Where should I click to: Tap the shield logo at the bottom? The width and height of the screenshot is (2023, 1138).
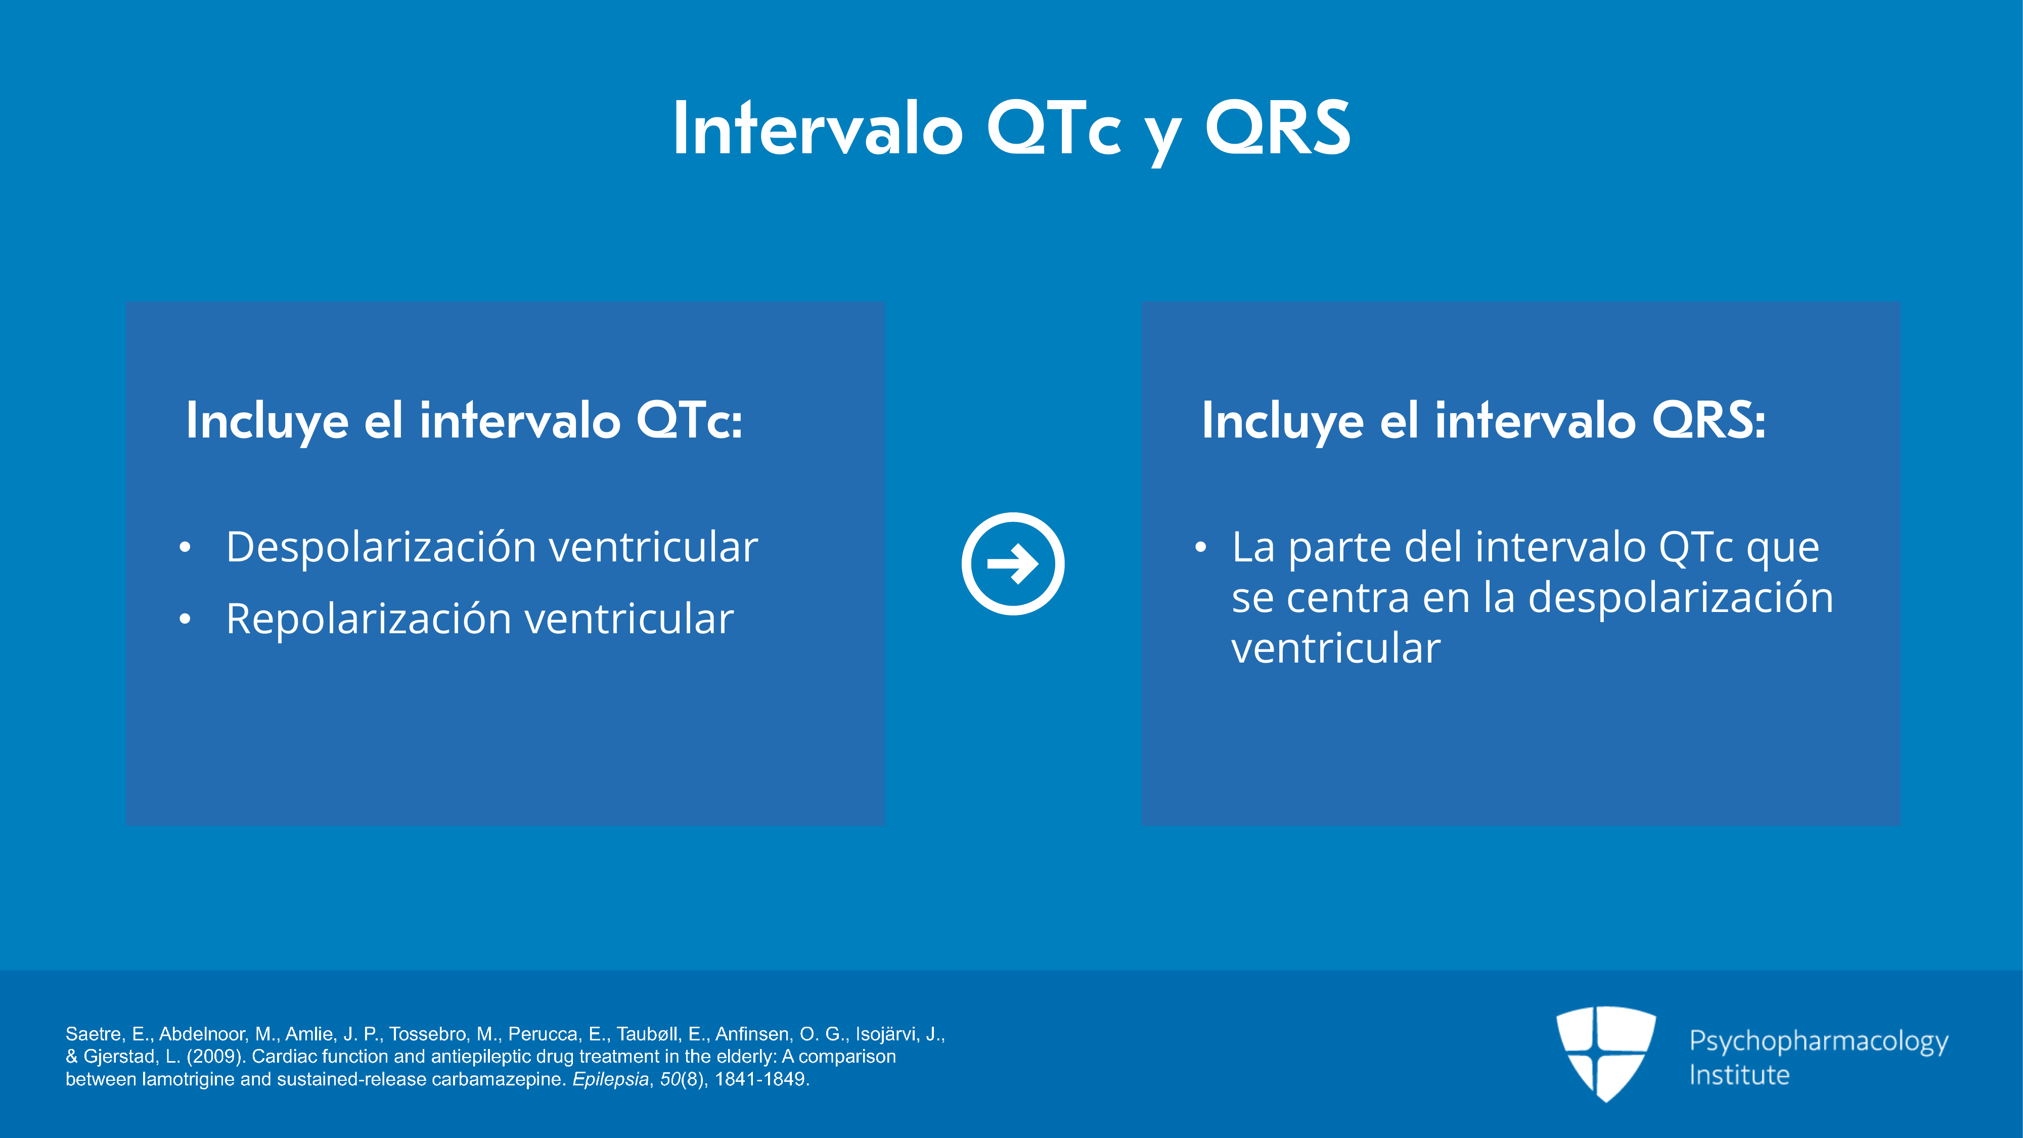coord(1606,1053)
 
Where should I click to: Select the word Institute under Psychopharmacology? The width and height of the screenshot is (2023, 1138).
coord(1739,1074)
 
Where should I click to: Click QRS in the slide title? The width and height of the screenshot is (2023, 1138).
coord(1278,128)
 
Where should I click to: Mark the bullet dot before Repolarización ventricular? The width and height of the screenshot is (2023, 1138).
coord(185,620)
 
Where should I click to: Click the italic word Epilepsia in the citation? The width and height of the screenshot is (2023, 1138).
coord(610,1079)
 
